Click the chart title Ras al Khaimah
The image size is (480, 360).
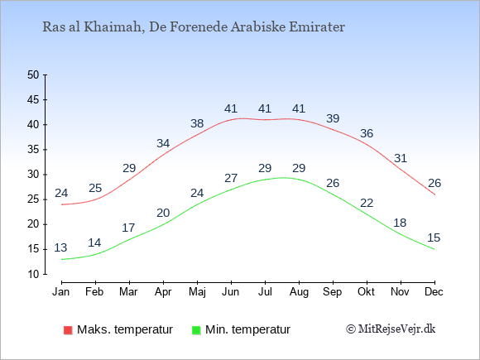point(194,27)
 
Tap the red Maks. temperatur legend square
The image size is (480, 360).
point(68,330)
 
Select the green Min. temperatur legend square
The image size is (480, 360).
point(196,330)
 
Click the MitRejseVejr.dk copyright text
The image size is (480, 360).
point(391,329)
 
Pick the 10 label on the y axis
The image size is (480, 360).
point(33,274)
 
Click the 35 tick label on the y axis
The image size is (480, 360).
point(33,150)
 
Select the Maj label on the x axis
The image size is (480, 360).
point(197,292)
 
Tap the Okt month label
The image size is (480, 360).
point(366,292)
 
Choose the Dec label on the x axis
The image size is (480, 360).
point(434,292)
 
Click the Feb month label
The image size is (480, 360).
point(94,292)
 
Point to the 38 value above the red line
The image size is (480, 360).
point(197,123)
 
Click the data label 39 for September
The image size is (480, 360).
point(333,118)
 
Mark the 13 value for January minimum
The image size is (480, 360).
point(60,247)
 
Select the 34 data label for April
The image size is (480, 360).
point(163,143)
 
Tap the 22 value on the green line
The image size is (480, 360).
point(367,203)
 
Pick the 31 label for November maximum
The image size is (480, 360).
point(401,158)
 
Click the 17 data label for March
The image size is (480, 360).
point(128,228)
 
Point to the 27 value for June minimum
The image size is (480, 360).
point(231,178)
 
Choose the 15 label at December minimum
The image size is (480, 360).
point(434,238)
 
